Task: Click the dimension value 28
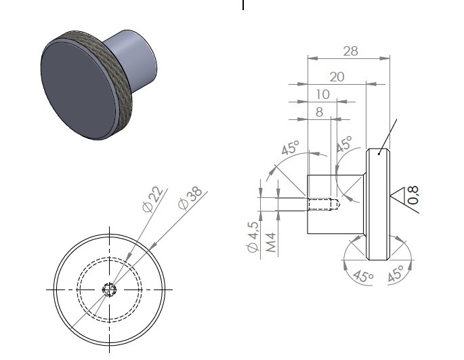(351, 52)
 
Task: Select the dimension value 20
(337, 77)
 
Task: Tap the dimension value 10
(322, 94)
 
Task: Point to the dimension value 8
(319, 112)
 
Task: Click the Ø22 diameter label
(152, 199)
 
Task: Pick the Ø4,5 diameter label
(253, 237)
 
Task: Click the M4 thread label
(271, 242)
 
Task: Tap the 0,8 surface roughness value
(413, 195)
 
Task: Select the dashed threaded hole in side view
(323, 205)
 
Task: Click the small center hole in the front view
(109, 289)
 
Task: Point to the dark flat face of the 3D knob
(79, 90)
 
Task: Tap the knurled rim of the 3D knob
(119, 74)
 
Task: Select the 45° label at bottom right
(396, 273)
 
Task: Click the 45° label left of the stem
(291, 148)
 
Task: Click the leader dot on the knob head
(379, 154)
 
